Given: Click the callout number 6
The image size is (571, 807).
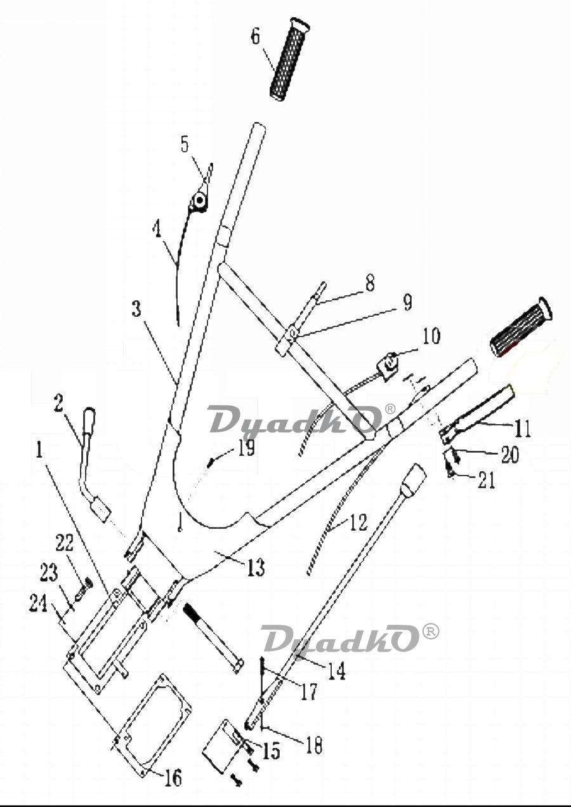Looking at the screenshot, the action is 255,37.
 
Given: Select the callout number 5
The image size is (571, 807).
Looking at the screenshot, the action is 185,145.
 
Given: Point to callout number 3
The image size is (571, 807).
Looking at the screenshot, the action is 136,310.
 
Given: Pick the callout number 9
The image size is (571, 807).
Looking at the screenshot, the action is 407,303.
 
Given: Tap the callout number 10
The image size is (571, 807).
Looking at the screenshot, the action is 431,336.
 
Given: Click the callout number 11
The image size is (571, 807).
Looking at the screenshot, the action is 522,429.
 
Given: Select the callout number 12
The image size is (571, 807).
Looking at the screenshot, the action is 358,522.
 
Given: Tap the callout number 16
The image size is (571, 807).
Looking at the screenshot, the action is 173,777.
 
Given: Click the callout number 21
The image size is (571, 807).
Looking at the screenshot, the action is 486,481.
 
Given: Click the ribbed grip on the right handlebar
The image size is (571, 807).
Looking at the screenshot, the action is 522,327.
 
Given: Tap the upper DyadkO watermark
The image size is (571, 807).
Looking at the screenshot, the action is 295,420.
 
